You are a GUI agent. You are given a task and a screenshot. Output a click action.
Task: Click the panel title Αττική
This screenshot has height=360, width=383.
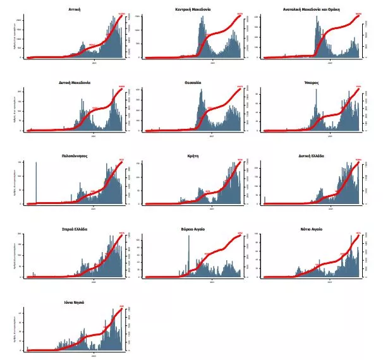pyautogui.click(x=75, y=10)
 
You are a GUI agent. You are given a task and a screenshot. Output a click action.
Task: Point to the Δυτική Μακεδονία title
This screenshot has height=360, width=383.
pyautogui.click(x=75, y=83)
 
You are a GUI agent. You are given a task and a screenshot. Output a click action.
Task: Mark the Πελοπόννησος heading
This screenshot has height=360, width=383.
pyautogui.click(x=75, y=155)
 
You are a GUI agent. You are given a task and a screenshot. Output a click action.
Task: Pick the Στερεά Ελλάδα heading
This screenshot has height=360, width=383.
pyautogui.click(x=75, y=229)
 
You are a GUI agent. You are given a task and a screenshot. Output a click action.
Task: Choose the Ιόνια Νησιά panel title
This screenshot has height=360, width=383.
pyautogui.click(x=75, y=303)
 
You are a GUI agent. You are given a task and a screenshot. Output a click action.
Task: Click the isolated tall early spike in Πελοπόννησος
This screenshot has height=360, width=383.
pyautogui.click(x=36, y=183)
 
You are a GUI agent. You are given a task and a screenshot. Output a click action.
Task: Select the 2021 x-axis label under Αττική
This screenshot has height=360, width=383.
pyautogui.click(x=94, y=62)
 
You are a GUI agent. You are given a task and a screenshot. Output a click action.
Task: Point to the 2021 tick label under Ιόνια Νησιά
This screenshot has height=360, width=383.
pyautogui.click(x=94, y=355)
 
